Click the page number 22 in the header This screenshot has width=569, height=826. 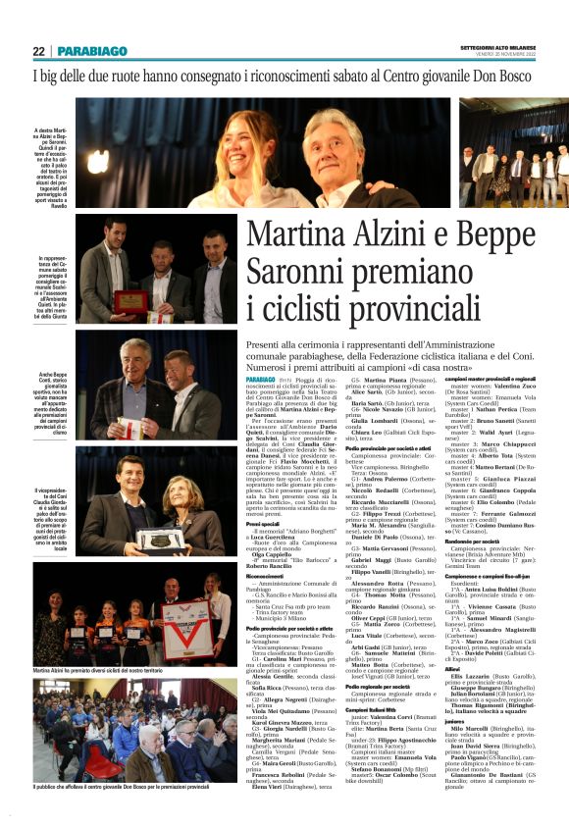pyautogui.click(x=38, y=51)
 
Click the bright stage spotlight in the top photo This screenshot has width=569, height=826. pyautogui.click(x=97, y=163)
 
